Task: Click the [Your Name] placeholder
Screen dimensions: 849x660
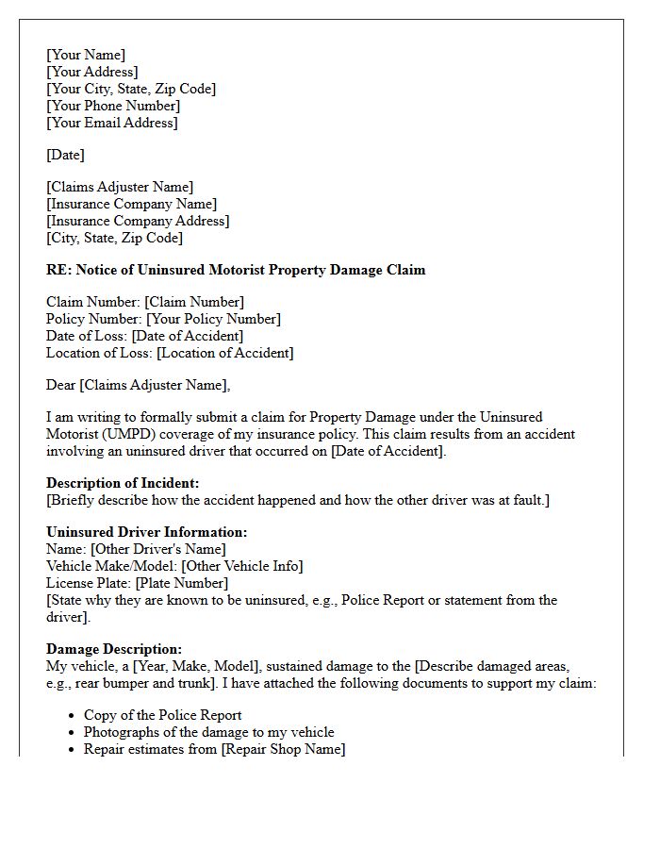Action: pos(86,55)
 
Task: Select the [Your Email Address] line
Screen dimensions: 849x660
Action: pos(112,123)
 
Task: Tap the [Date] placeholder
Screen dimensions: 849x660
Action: pos(65,155)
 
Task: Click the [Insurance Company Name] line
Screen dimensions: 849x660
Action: pos(131,204)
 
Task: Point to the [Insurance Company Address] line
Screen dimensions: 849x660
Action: pos(138,221)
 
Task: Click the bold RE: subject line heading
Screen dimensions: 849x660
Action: pos(236,270)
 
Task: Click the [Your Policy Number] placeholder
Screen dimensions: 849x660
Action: pos(213,319)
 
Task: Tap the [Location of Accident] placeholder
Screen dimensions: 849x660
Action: pos(225,353)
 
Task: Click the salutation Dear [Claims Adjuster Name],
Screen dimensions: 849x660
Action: pos(138,385)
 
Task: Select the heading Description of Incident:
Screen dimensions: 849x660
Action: pos(123,483)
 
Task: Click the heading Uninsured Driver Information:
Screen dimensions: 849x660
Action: pos(146,532)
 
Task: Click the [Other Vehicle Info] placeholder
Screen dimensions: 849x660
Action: pos(242,566)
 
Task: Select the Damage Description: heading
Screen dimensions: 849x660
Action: pos(114,649)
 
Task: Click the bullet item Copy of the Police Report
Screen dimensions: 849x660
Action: pos(162,715)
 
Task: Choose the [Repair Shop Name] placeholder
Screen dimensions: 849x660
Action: pos(283,749)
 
